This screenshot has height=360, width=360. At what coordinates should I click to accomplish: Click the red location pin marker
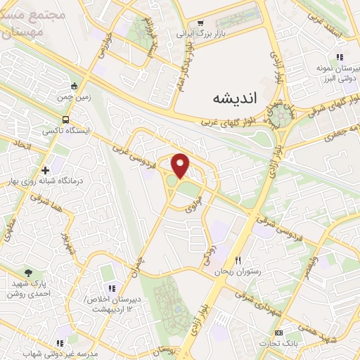pos(181,165)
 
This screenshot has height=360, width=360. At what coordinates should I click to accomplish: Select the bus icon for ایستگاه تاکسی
pos(65,120)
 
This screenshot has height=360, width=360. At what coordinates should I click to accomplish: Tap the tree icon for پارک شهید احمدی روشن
pos(28,273)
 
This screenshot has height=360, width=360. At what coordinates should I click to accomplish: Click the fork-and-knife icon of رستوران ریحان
pos(238,261)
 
